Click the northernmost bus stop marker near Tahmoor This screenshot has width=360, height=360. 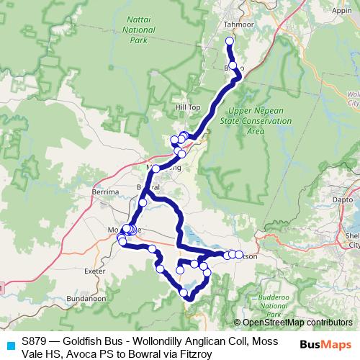(x=230, y=41)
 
